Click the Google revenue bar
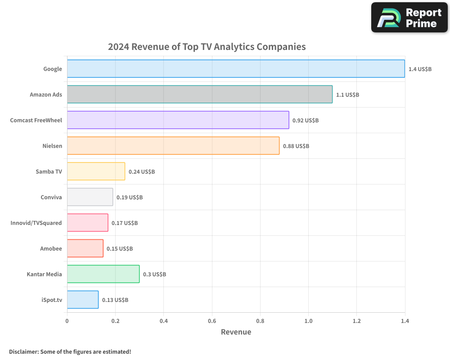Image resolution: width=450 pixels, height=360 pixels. coord(236,68)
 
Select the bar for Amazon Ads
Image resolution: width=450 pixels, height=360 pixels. coord(200,94)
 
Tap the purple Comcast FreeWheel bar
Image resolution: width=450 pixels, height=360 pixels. coord(178,120)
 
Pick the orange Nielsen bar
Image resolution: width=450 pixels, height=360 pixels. coord(173,146)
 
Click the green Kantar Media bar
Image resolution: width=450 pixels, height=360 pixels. coord(103,274)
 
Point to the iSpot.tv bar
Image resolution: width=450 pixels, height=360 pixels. coord(83,300)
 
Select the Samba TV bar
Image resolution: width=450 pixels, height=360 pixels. coord(96,171)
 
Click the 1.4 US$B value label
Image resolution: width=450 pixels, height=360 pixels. coord(420,69)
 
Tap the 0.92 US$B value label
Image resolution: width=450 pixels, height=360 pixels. coord(306,120)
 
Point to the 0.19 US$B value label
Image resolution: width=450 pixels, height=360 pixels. coord(130,197)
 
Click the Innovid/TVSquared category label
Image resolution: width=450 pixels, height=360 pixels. coord(36,223)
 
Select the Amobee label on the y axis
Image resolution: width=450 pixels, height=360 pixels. coord(51,248)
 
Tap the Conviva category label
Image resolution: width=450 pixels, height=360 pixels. coord(51,197)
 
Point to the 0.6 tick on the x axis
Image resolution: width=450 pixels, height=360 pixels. coord(212,321)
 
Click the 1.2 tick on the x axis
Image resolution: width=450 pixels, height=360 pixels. coord(356,321)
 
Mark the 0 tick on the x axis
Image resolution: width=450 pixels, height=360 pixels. coord(67,321)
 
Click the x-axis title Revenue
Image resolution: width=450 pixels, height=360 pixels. coord(236,332)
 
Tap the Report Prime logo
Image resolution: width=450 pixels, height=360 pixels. coord(409,18)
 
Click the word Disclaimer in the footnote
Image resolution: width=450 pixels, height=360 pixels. coord(23,351)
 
